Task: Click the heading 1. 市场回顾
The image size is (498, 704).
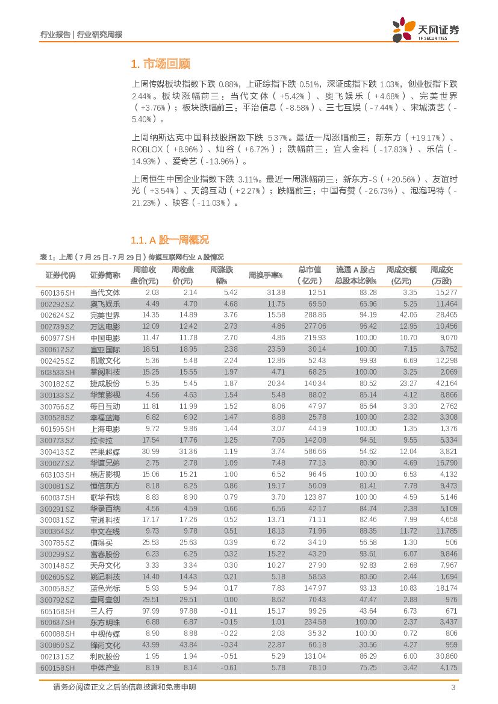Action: click(x=161, y=64)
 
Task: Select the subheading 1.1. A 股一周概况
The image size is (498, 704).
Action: click(x=170, y=240)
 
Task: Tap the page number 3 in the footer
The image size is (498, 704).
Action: click(x=452, y=688)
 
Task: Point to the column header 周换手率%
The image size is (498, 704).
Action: click(x=266, y=275)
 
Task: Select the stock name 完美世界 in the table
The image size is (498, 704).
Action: click(x=105, y=314)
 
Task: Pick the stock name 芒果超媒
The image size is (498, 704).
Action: click(x=105, y=452)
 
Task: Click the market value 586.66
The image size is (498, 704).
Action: click(x=316, y=452)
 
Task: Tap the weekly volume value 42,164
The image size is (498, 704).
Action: click(x=445, y=383)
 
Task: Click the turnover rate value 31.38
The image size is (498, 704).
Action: click(x=275, y=292)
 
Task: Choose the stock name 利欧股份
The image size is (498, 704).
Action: click(x=105, y=656)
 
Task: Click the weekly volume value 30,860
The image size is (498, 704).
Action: click(x=445, y=656)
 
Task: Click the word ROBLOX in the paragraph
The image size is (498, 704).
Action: click(x=147, y=149)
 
